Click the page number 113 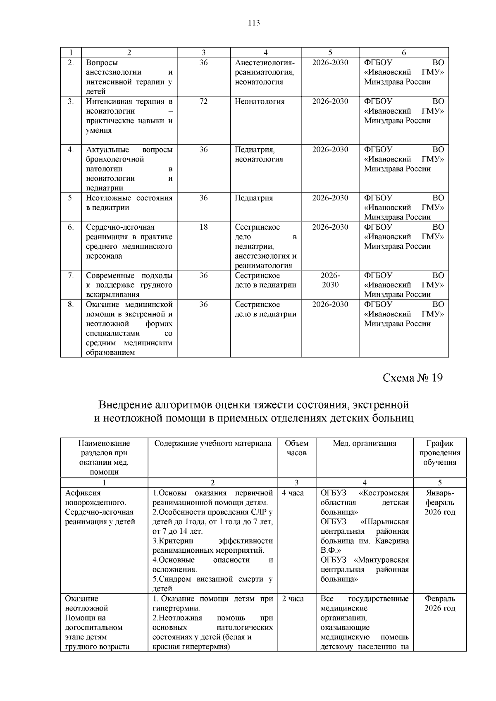click(254, 23)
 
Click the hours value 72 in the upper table click(203, 101)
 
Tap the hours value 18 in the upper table click(203, 227)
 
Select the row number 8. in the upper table click(71, 304)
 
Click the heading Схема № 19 click(413, 378)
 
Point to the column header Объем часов click(296, 448)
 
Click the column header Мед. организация click(364, 443)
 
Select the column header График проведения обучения click(439, 453)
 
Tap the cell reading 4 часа click(293, 493)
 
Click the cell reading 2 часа click(293, 599)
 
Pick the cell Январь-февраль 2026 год click(439, 502)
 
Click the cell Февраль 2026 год click(439, 603)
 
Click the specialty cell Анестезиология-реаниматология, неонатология click(265, 72)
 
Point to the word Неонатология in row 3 click(260, 101)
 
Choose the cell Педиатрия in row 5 click(254, 198)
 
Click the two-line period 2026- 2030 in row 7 click(330, 280)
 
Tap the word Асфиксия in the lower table click(83, 493)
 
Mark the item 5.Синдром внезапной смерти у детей click(212, 583)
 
